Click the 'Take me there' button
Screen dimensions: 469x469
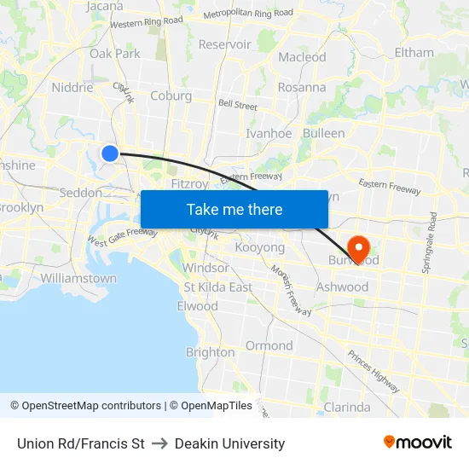tap(234, 209)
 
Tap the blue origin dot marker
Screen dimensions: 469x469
tap(110, 153)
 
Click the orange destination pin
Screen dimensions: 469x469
tap(358, 248)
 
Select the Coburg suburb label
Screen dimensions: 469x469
tap(171, 96)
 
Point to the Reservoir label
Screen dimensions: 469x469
tap(224, 44)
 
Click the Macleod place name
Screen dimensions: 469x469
tap(302, 57)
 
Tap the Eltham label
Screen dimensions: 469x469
tap(414, 52)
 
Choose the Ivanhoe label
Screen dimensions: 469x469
tap(269, 133)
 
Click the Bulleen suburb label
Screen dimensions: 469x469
tap(324, 133)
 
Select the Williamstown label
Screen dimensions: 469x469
tap(78, 278)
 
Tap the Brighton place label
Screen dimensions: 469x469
tap(210, 352)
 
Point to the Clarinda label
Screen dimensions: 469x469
tap(347, 407)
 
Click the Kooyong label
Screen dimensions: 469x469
tap(259, 247)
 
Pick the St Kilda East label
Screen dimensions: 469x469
tap(217, 287)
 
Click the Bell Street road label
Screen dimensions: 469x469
tap(238, 105)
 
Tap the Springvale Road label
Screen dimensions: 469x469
tap(428, 243)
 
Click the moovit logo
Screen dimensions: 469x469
tap(418, 443)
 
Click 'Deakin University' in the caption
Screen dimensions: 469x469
tap(229, 443)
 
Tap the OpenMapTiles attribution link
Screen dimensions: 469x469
tap(211, 406)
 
